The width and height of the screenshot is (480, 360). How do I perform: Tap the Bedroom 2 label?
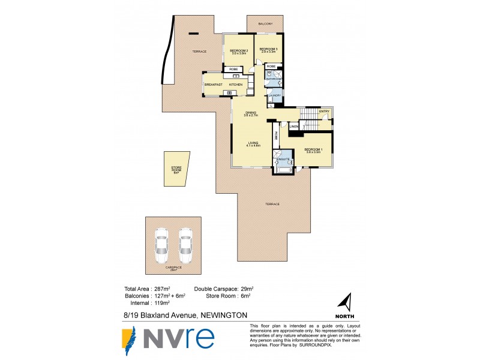click(236, 50)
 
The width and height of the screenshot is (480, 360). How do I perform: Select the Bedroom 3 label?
click(268, 49)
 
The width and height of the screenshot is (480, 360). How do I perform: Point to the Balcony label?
click(266, 24)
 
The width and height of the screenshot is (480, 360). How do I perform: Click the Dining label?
click(251, 113)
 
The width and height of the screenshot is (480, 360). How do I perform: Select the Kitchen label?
click(235, 85)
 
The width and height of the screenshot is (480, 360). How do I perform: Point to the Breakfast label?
click(213, 85)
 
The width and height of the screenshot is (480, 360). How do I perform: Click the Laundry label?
click(275, 95)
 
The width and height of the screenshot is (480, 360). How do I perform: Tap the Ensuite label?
click(283, 160)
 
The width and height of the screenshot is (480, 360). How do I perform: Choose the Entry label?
click(324, 112)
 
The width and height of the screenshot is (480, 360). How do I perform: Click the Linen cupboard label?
click(294, 127)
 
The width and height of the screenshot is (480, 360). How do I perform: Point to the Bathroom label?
click(274, 79)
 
